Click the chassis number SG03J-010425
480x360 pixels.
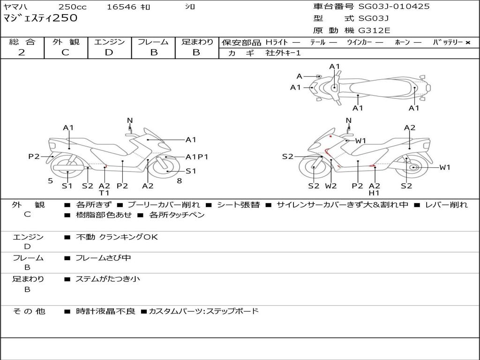[394, 7]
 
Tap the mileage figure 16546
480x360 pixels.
[121, 7]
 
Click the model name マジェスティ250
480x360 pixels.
[40, 18]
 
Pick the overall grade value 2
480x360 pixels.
[22, 52]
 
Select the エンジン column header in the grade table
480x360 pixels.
[109, 42]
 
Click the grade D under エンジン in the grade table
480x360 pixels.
[109, 52]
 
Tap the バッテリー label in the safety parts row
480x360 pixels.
[448, 42]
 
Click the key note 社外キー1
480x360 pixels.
[283, 53]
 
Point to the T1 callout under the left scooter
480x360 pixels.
[104, 193]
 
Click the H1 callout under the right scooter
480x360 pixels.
[374, 193]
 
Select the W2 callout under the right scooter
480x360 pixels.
[330, 186]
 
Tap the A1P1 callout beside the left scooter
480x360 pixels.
[197, 157]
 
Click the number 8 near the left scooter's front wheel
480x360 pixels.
[180, 181]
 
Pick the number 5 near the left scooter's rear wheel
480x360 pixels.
[51, 181]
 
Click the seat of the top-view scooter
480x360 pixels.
[381, 88]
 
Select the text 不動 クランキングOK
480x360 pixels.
[117, 237]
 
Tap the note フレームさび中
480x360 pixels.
[103, 258]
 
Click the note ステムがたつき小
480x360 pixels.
[108, 279]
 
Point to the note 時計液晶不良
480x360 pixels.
[105, 311]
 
